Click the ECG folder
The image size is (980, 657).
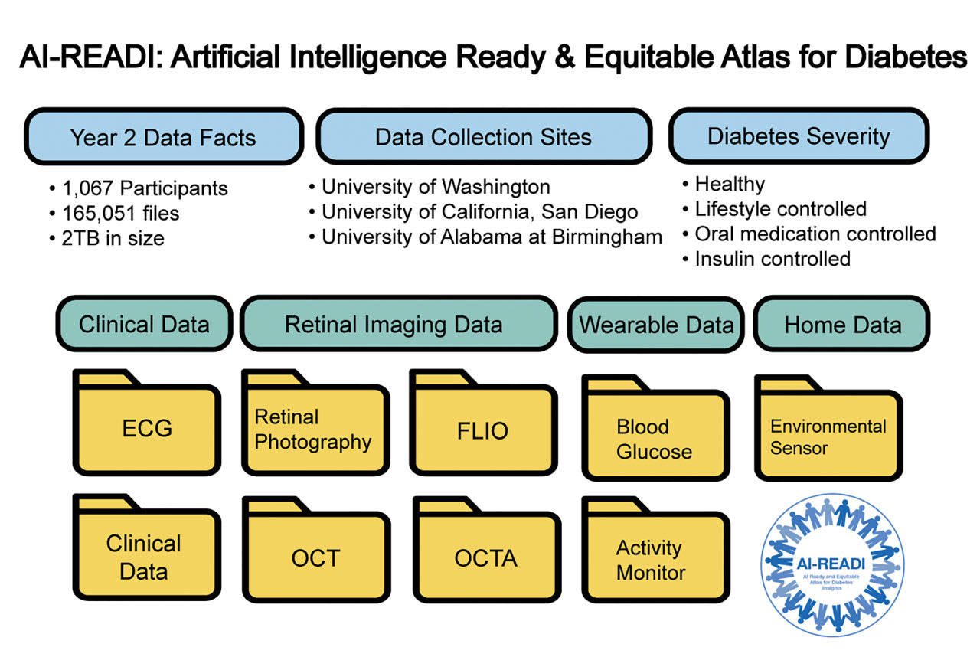(x=147, y=427)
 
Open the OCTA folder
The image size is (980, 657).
(x=485, y=557)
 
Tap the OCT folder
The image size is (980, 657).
(x=315, y=557)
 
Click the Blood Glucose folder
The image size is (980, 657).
(x=655, y=438)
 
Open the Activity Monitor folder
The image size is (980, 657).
(x=655, y=560)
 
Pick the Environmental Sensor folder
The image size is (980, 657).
(x=828, y=436)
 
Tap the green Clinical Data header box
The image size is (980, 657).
(x=143, y=324)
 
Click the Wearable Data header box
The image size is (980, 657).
(x=655, y=325)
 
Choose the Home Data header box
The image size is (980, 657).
(x=841, y=325)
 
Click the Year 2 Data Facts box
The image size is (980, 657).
(x=163, y=137)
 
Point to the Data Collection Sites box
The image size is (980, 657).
(x=483, y=137)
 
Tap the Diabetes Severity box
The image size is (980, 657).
(x=798, y=136)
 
